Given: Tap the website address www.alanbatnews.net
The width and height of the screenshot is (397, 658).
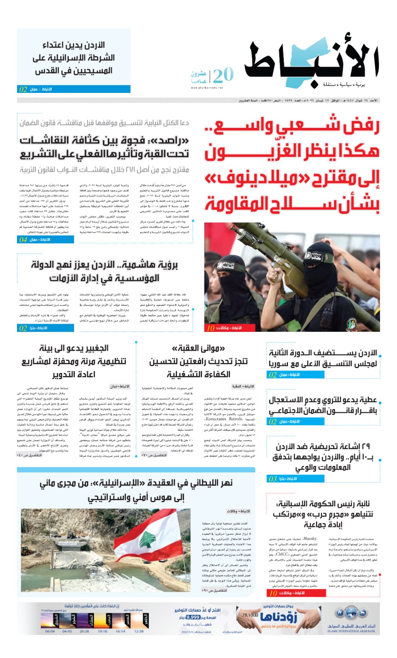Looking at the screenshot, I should [207, 88].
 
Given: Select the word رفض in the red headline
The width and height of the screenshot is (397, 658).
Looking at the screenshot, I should [360, 125].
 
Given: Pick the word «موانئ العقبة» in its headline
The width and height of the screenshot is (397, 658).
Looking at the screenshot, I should [198, 348].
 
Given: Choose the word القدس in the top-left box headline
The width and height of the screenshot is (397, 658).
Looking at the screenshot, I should [45, 71].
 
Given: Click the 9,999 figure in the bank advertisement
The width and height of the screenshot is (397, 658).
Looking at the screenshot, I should [193, 617].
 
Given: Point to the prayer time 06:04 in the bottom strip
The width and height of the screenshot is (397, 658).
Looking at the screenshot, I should [50, 631].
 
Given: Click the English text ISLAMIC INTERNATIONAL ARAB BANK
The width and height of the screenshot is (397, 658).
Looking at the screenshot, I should [351, 631].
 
